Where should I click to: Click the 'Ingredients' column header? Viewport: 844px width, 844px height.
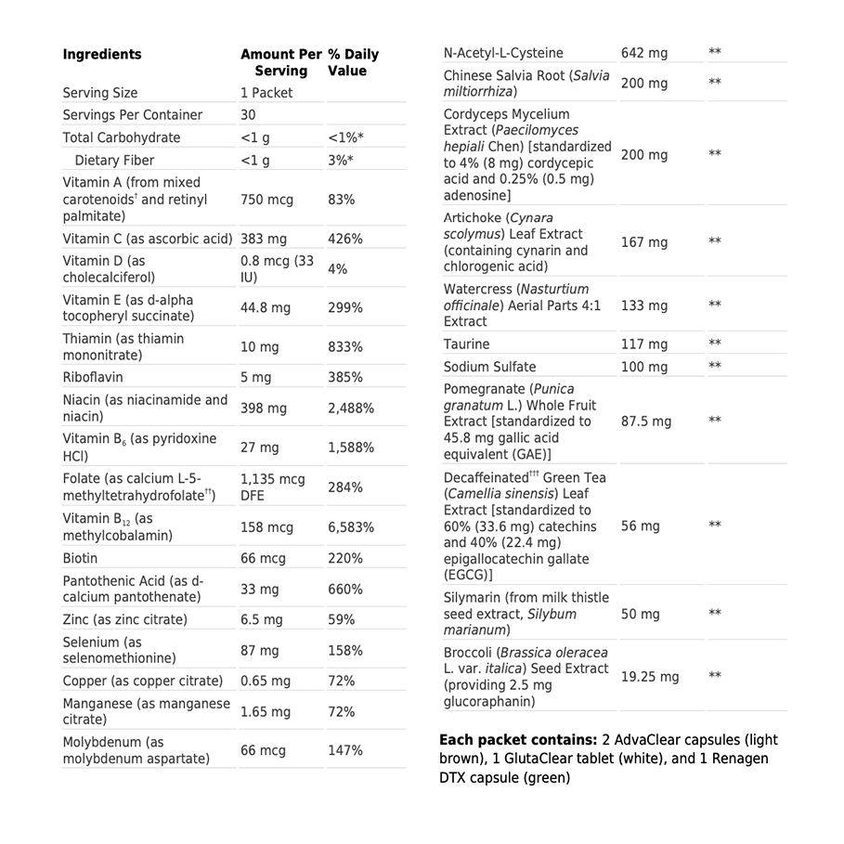tap(102, 55)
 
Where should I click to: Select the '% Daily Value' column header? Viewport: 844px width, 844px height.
tap(353, 62)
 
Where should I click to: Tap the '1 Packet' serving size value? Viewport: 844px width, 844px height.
tap(266, 93)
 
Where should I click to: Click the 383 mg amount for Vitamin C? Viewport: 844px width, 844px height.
tap(264, 239)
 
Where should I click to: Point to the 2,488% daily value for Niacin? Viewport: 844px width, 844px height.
tap(351, 409)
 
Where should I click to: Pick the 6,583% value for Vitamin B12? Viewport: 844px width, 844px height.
tap(351, 527)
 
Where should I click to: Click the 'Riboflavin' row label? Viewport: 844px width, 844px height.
tap(93, 378)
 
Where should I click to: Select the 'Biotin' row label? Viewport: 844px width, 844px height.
tap(80, 559)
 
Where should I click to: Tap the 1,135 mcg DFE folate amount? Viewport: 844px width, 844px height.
tap(272, 487)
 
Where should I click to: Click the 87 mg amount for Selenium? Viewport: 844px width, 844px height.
tap(259, 651)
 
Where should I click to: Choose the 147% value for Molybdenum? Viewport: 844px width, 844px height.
tap(345, 750)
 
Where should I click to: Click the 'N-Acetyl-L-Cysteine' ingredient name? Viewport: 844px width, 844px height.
tap(503, 53)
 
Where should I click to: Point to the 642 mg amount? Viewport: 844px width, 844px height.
tap(644, 53)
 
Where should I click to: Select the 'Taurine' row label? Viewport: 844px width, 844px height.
tap(466, 344)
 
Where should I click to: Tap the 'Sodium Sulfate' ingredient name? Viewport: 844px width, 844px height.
tap(489, 367)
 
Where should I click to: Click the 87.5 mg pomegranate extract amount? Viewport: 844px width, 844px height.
tap(646, 422)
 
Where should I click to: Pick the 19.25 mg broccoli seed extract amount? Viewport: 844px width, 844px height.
tap(650, 677)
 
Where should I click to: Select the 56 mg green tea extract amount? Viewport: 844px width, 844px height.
tap(641, 526)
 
